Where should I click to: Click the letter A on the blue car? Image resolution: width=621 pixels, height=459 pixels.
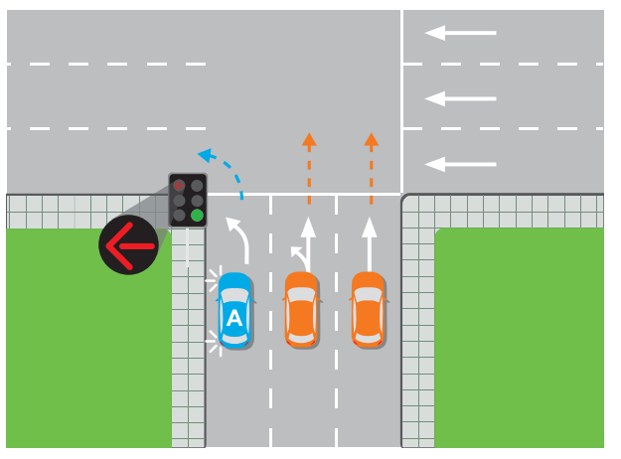(234, 319)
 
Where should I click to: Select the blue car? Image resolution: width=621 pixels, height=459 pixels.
(235, 309)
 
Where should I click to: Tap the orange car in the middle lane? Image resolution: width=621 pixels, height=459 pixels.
(301, 309)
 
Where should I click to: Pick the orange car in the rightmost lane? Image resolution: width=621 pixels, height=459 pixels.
(368, 309)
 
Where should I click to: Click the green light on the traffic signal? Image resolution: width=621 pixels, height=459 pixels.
(198, 215)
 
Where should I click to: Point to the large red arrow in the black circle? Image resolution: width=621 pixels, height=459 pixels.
(128, 244)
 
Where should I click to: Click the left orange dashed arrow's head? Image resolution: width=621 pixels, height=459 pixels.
(309, 140)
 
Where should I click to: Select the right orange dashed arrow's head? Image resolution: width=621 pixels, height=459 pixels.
(371, 140)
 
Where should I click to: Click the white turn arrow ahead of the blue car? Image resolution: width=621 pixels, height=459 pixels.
(238, 237)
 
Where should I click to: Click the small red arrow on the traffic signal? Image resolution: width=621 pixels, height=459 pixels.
(179, 185)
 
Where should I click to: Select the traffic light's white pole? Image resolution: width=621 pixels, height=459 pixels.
(188, 247)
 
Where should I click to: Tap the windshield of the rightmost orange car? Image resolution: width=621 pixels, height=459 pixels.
(368, 297)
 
